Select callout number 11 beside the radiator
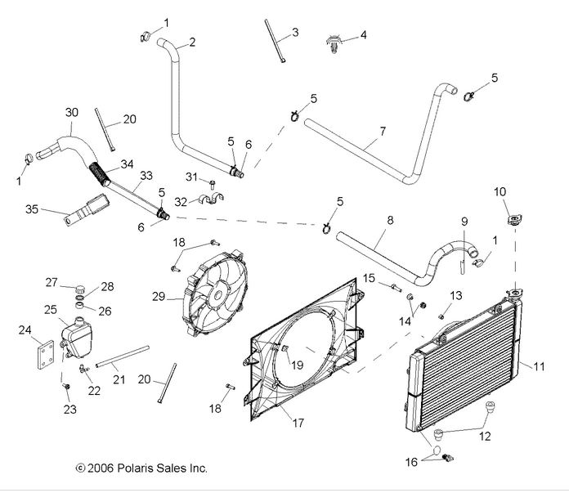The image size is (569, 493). [539, 343]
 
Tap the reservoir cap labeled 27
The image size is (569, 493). [79, 290]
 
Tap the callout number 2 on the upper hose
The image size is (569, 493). [192, 43]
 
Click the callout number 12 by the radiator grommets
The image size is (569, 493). [485, 437]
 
